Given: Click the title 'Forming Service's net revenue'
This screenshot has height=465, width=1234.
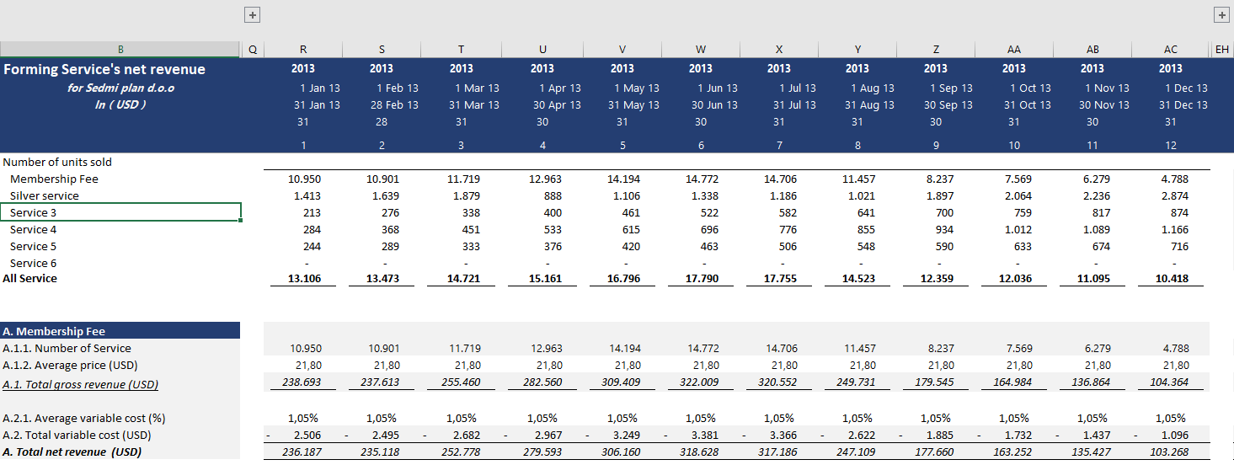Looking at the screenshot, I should (x=104, y=69).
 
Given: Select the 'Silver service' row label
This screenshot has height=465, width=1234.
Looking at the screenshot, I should (x=45, y=195).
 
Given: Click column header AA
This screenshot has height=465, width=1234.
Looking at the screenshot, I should (x=1013, y=50).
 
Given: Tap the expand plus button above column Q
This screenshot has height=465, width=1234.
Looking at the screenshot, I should (x=252, y=14).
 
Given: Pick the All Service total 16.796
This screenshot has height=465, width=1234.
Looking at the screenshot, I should (x=622, y=279).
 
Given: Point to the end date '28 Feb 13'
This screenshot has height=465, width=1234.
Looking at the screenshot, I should (x=398, y=105).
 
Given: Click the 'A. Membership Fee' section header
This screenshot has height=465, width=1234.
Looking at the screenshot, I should (x=56, y=331).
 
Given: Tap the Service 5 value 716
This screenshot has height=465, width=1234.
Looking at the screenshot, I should (x=1179, y=247).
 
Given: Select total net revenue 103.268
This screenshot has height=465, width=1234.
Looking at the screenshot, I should (x=1170, y=452).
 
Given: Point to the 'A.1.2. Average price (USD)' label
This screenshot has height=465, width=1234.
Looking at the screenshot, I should (x=70, y=366).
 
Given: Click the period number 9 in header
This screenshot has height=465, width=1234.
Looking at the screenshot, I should (x=935, y=146).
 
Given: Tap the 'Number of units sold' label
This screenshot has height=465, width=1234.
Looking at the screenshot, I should (x=57, y=162).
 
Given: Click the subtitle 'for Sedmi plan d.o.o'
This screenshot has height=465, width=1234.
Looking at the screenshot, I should (x=120, y=88).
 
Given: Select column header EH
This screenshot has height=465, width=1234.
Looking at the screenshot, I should (x=1221, y=50).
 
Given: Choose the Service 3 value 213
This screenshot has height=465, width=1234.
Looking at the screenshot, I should (x=311, y=212).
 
